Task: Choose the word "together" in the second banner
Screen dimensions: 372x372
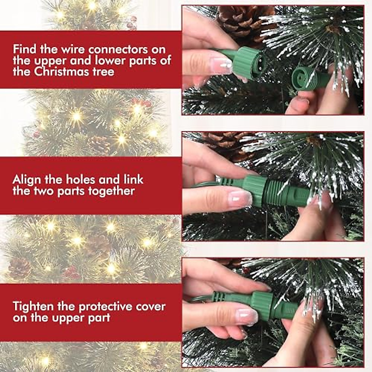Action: coord(111,191)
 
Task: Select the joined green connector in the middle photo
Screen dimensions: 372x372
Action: coord(267,191)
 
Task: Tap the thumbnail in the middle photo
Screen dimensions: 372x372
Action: coord(240,199)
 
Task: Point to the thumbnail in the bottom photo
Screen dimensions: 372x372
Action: coord(246,316)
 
